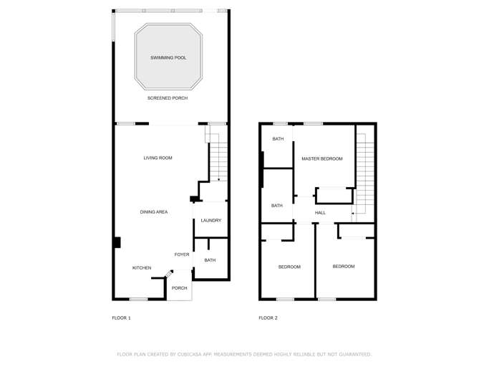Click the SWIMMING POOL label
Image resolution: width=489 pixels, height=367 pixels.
coord(168,57)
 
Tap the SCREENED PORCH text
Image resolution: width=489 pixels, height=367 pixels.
coord(168,98)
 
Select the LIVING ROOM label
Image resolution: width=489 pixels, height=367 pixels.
coord(158,158)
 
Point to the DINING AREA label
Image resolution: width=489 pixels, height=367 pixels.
coord(154,212)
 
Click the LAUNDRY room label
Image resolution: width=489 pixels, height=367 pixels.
coord(211,221)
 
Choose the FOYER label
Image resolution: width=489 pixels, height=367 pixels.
coord(182,254)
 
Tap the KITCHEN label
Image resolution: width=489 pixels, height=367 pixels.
coord(142,268)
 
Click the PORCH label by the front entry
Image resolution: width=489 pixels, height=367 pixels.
coord(179,288)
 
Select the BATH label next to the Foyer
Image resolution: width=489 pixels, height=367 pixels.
coord(210,260)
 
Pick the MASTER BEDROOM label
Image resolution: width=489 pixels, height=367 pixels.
coord(322,159)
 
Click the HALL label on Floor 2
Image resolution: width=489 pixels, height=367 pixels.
coord(320,213)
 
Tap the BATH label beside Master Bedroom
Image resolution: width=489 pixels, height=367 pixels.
coord(278,139)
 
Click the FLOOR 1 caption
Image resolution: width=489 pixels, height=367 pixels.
coord(122,318)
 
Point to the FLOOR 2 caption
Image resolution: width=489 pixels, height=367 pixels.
coord(268,318)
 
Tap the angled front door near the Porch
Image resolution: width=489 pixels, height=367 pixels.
coord(170,273)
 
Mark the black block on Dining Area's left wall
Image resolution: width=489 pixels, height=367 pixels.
coord(117,242)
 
